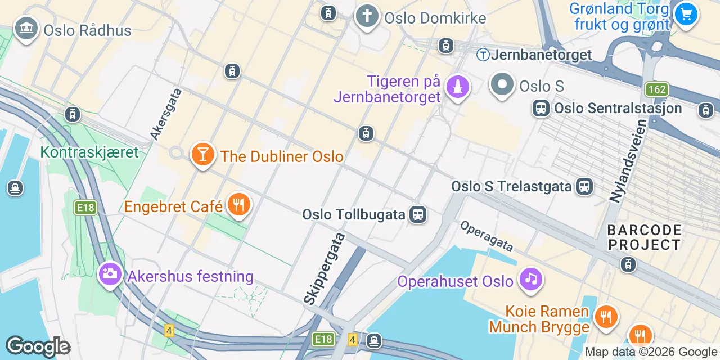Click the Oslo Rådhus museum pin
point(26,28)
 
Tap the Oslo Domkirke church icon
point(367,16)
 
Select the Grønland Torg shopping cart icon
point(686,15)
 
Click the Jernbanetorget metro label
point(534,55)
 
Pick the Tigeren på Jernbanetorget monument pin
point(457,87)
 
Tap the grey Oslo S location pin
point(502,85)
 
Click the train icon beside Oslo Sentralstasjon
point(541,108)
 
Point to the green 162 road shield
point(656,89)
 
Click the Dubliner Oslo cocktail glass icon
point(202,154)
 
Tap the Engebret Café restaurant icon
point(239,205)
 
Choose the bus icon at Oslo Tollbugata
point(417,214)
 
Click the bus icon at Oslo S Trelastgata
point(584,186)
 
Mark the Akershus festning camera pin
point(110,274)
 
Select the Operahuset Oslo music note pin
point(530,279)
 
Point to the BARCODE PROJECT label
point(644,237)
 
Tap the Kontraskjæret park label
point(89,152)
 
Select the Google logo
point(38,346)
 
